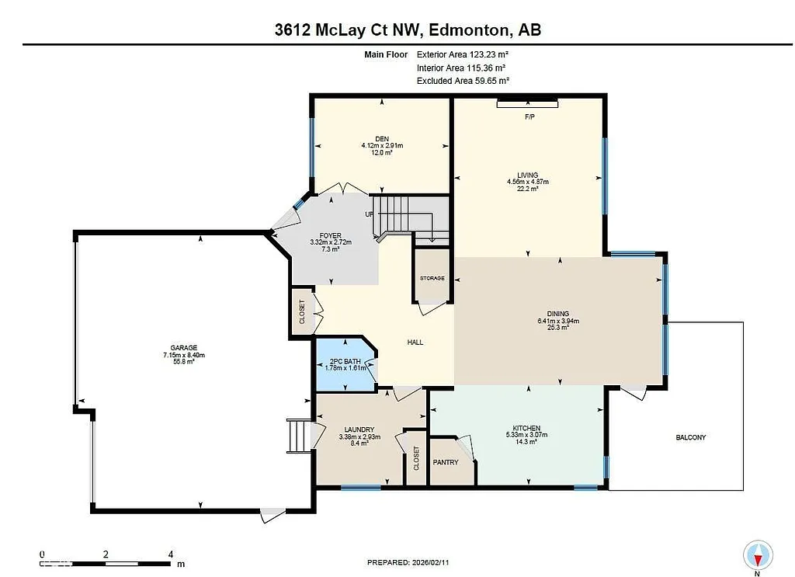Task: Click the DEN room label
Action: (381, 138)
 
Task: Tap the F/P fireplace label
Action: (530, 116)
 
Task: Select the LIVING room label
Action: (528, 175)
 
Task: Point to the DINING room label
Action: (557, 314)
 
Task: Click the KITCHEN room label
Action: (526, 429)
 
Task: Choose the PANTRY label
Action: (446, 462)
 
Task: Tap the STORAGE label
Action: (432, 278)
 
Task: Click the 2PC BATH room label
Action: (342, 361)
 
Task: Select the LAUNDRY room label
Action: (359, 429)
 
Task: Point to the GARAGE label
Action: (184, 348)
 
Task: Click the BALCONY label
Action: (690, 437)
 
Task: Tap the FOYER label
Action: (331, 235)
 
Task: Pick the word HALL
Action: (415, 342)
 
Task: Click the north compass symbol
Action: (758, 554)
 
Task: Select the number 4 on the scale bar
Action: (170, 554)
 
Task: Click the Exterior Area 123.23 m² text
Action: (463, 55)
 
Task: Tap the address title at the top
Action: (397, 30)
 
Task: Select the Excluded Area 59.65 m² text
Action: (463, 81)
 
